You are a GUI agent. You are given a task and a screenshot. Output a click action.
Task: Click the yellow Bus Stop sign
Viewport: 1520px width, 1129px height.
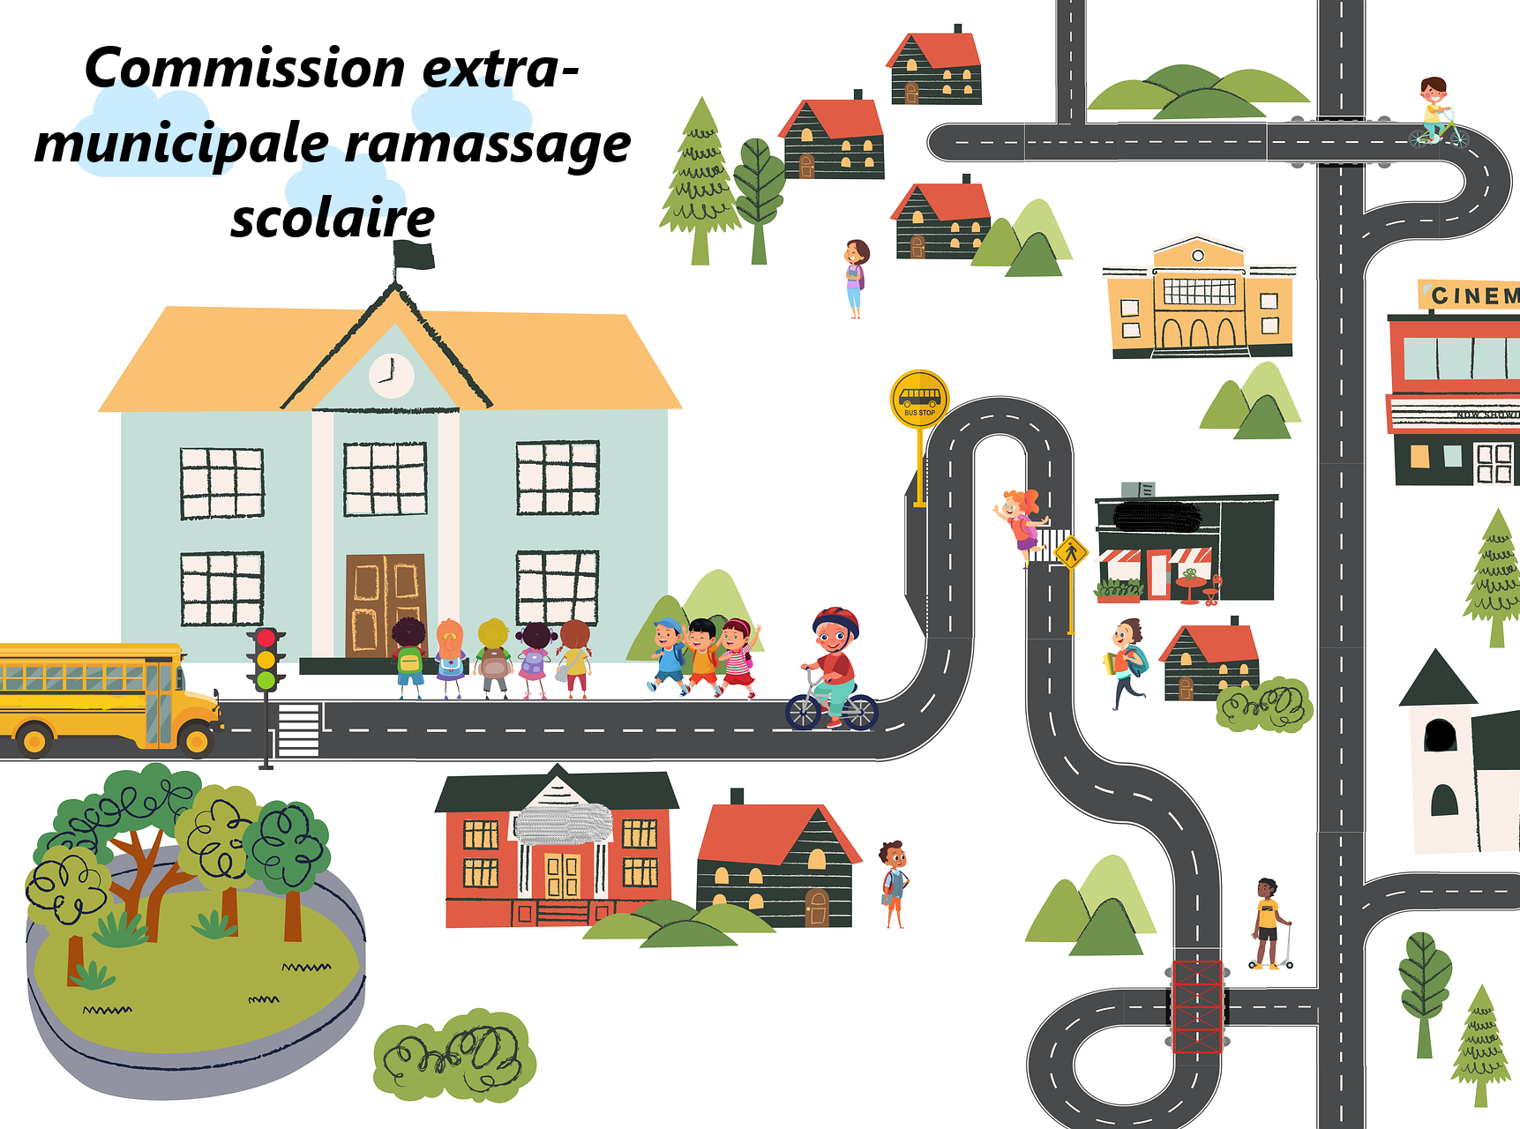(x=919, y=399)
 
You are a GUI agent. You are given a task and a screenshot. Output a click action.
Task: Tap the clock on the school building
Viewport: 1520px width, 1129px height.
(x=391, y=375)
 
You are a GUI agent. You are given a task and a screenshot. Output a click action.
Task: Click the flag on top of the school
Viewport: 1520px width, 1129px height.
(x=414, y=256)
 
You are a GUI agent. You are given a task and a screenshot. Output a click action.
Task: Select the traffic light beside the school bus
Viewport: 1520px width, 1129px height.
(x=266, y=658)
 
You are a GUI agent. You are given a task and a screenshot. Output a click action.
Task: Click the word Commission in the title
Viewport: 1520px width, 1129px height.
(x=244, y=69)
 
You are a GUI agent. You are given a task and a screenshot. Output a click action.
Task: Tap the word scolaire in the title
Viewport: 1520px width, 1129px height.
(x=333, y=219)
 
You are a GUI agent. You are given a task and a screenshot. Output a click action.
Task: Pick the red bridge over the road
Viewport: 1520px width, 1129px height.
(x=1197, y=1006)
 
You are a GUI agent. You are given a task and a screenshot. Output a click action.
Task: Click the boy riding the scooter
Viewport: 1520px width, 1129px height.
(x=1268, y=923)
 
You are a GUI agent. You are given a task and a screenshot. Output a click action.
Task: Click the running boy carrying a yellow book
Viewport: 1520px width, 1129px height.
(x=1126, y=662)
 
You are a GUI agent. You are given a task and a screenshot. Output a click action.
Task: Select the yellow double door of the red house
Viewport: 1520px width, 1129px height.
(x=561, y=874)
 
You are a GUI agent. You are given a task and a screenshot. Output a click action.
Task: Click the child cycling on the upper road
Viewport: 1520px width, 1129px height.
(x=1436, y=113)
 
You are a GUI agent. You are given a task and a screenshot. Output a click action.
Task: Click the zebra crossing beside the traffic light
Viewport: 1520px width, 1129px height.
(x=299, y=729)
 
